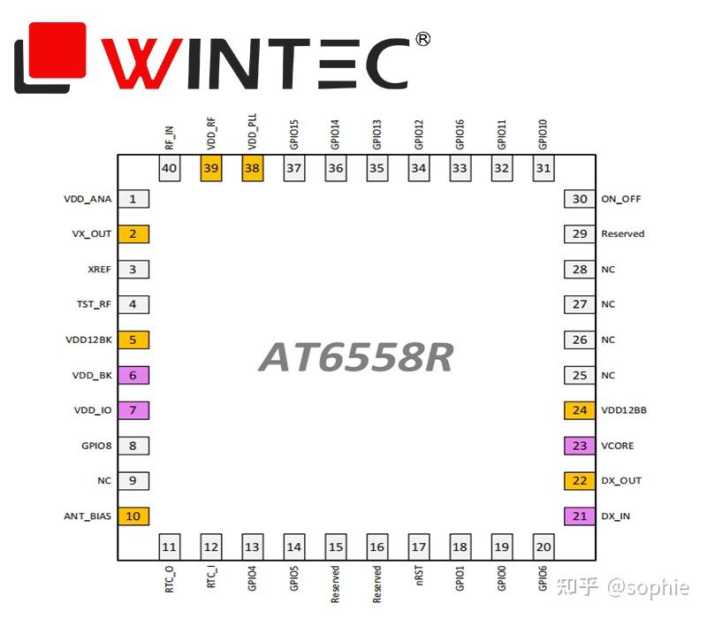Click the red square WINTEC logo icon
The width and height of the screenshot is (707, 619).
(x=50, y=57)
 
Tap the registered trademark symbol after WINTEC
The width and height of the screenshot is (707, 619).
(x=422, y=39)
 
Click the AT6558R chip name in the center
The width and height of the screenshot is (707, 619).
(x=355, y=357)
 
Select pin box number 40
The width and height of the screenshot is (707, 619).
(x=170, y=168)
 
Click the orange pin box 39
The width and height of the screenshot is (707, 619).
(x=211, y=168)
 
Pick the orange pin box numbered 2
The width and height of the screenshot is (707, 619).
(x=133, y=234)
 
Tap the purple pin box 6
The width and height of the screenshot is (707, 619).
(x=133, y=375)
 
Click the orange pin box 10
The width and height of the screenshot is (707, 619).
(x=133, y=516)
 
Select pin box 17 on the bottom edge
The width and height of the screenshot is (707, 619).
(x=419, y=547)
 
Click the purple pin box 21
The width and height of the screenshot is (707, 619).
(x=579, y=516)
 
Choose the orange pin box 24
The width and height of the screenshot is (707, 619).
(x=579, y=410)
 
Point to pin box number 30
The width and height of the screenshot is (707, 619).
(x=579, y=199)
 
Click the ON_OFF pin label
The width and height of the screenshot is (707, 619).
(x=621, y=199)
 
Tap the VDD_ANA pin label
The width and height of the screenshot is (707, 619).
(x=87, y=199)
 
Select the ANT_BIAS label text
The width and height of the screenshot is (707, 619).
(x=87, y=516)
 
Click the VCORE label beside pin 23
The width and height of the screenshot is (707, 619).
(x=618, y=446)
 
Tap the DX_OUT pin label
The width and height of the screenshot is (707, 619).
(x=621, y=481)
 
